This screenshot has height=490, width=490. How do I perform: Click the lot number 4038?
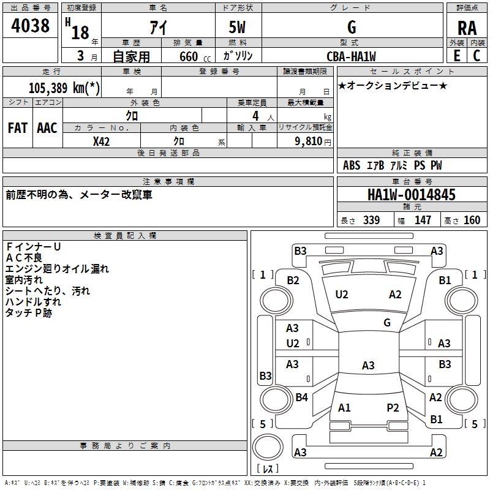pyautogui.click(x=31, y=26)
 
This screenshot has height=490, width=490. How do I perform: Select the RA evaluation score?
pyautogui.click(x=467, y=28)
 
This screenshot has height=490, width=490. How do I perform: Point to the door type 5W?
pyautogui.click(x=238, y=28)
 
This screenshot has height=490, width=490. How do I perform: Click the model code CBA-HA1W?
pyautogui.click(x=352, y=56)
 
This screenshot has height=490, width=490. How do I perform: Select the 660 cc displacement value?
pyautogui.click(x=188, y=56)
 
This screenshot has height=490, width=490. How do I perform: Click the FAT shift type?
pyautogui.click(x=18, y=127)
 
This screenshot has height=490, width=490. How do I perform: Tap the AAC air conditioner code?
pyautogui.click(x=47, y=127)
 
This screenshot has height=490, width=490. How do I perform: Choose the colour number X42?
pyautogui.click(x=101, y=141)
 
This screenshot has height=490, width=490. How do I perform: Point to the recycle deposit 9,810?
pyautogui.click(x=309, y=141)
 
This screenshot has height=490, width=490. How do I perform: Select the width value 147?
pyautogui.click(x=423, y=221)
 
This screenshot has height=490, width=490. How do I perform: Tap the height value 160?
pyautogui.click(x=472, y=221)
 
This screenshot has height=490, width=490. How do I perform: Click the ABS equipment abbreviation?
pyautogui.click(x=352, y=165)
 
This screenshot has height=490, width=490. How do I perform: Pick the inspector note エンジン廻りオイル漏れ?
pyautogui.click(x=57, y=268)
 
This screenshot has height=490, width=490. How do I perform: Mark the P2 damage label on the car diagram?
pyautogui.click(x=393, y=407)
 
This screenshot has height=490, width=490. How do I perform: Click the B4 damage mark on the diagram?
pyautogui.click(x=301, y=398)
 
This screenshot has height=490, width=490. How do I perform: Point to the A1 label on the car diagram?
pyautogui.click(x=344, y=407)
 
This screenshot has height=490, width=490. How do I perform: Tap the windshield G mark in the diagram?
pyautogui.click(x=387, y=322)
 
